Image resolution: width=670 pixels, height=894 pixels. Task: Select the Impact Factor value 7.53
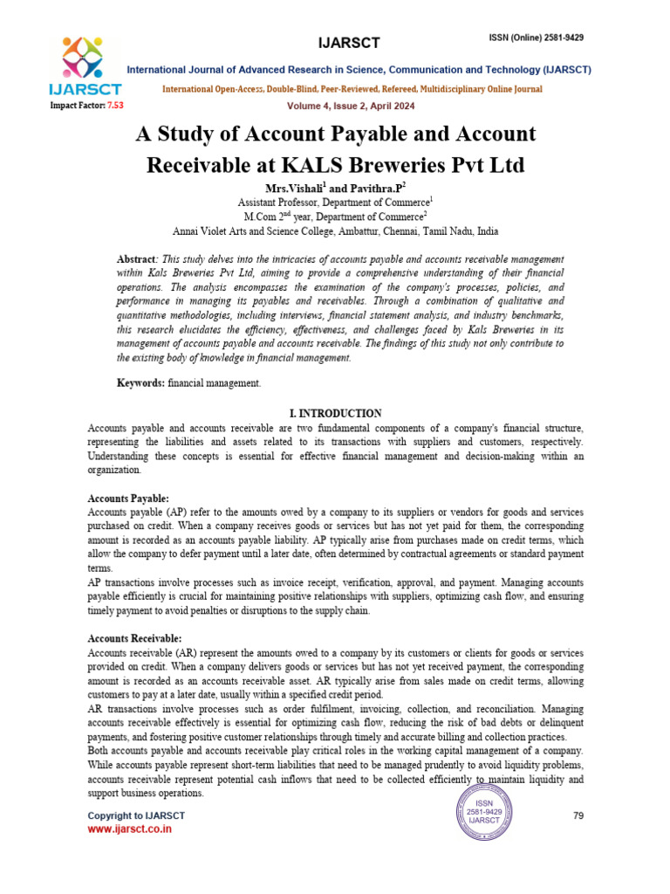coord(115,105)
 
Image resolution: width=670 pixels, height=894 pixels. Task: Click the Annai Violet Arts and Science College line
coord(336,231)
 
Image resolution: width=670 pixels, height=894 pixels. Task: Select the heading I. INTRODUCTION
coord(335,413)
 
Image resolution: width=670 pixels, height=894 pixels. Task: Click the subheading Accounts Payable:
coord(128,498)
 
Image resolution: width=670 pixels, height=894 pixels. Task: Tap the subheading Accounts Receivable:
coord(135,639)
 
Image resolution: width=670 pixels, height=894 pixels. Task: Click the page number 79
coord(578,815)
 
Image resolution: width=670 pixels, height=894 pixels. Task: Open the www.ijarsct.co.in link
coord(129,829)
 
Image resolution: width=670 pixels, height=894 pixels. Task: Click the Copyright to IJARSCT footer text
coord(136,815)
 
